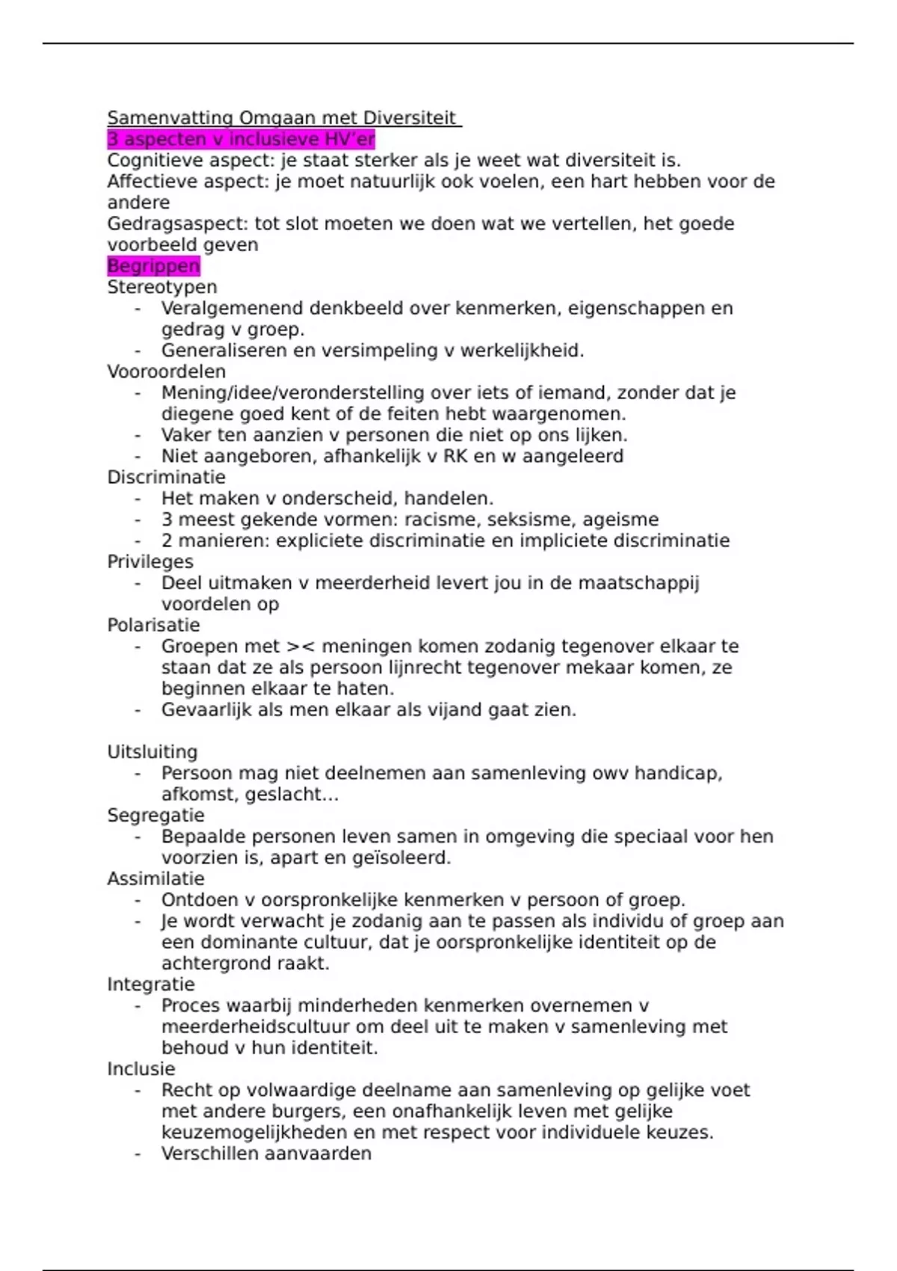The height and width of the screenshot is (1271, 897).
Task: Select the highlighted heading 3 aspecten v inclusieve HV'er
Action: (241, 139)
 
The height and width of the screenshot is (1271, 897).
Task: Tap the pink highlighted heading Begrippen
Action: (153, 266)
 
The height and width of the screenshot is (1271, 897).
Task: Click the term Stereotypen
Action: (162, 287)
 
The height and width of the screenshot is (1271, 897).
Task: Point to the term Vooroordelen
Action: (166, 372)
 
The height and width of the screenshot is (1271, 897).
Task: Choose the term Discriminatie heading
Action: (166, 477)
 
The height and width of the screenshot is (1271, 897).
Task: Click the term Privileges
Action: (150, 561)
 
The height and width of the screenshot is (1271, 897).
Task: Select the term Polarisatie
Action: (153, 625)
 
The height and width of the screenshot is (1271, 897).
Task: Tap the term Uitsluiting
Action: (152, 752)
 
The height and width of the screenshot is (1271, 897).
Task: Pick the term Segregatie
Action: (155, 815)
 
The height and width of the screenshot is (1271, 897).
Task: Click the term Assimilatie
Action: (155, 878)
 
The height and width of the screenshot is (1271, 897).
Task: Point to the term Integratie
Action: (151, 985)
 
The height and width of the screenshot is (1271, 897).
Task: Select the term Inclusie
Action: (141, 1069)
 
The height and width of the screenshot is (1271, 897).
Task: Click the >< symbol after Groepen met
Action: (300, 647)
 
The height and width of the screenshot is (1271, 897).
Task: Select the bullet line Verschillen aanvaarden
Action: (266, 1154)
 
